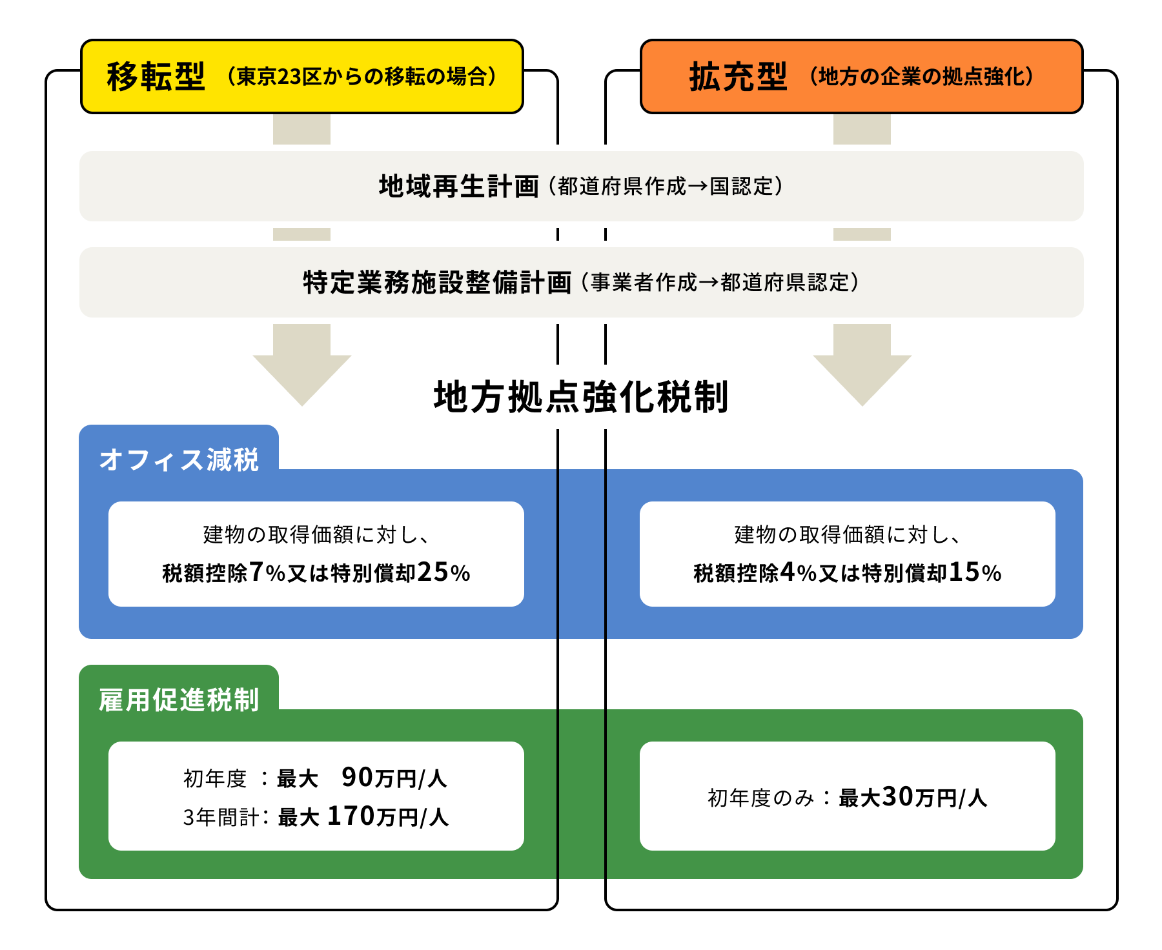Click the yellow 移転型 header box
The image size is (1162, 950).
[x=301, y=77]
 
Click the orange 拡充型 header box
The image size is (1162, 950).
[x=861, y=77]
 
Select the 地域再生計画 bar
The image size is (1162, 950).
[x=581, y=187]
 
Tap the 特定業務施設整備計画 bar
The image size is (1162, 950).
[x=581, y=283]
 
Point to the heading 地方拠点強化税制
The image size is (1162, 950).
[x=581, y=396]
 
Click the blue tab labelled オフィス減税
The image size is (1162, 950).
[x=179, y=460]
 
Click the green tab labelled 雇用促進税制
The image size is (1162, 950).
[x=179, y=700]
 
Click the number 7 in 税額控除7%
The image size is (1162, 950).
[x=256, y=572]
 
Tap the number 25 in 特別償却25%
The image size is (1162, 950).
[x=433, y=572]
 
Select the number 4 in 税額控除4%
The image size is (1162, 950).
[x=788, y=572]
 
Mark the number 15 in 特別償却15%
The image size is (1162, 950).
[x=964, y=572]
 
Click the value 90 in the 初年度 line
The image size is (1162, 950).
[x=357, y=778]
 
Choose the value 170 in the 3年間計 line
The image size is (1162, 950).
[x=351, y=816]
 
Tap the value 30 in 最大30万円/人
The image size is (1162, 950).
[x=898, y=797]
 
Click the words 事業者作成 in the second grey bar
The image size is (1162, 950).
[x=644, y=283]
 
